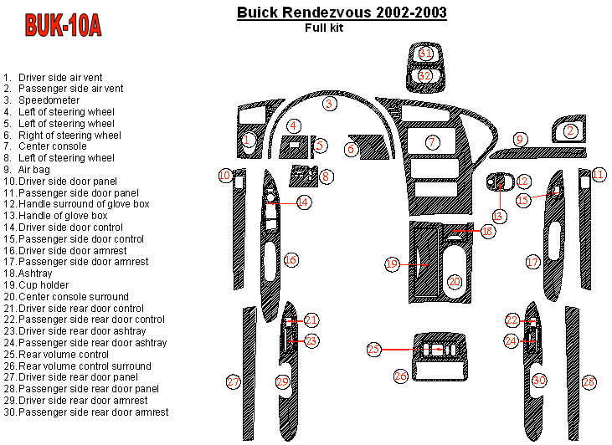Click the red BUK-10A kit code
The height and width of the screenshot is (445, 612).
tap(63, 25)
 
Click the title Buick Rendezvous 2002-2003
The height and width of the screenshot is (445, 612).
tap(342, 12)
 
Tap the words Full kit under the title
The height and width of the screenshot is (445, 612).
tap(324, 28)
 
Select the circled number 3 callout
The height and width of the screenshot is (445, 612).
tap(329, 104)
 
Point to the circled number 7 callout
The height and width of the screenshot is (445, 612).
tap(432, 142)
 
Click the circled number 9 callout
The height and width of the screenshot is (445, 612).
tap(520, 140)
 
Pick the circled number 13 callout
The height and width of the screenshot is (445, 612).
tap(498, 217)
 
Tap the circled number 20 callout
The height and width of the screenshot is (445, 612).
tap(455, 282)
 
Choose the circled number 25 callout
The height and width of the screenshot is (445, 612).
tap(374, 349)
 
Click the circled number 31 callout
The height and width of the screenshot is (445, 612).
tap(425, 54)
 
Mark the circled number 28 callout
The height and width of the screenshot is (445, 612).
tap(589, 382)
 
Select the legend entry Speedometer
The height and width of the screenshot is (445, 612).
tap(49, 100)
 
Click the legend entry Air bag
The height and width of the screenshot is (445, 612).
tap(34, 170)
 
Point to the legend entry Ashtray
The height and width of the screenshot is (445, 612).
tap(35, 274)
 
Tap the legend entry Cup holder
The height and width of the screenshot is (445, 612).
tap(44, 285)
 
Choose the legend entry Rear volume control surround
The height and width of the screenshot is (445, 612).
tap(85, 366)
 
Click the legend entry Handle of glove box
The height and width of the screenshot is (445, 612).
tap(63, 216)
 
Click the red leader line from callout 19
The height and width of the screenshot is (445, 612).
tap(414, 264)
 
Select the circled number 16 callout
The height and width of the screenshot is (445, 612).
tap(291, 260)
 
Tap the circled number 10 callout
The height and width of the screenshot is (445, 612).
tap(225, 176)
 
